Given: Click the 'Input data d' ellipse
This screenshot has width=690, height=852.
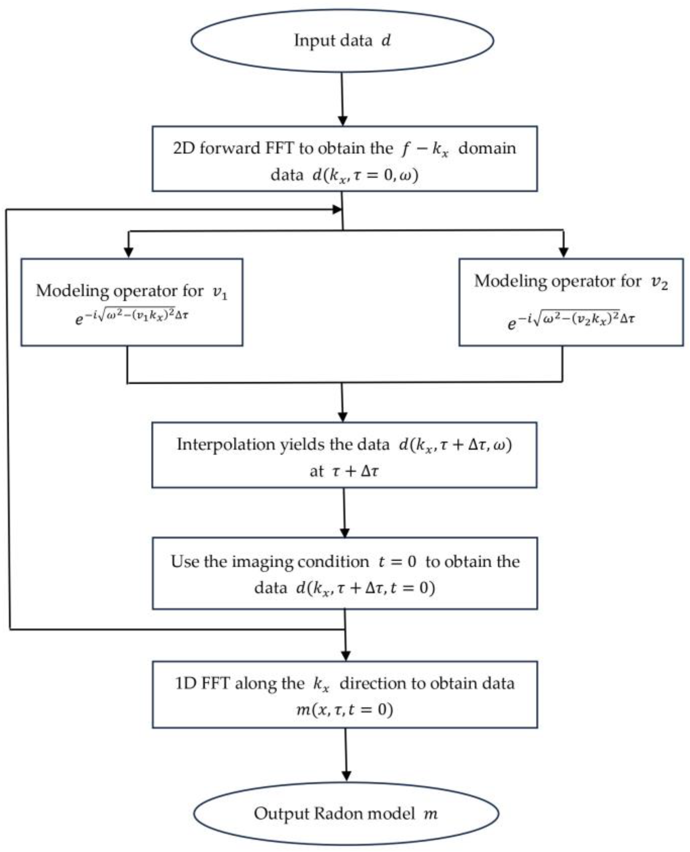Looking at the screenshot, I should (x=342, y=41).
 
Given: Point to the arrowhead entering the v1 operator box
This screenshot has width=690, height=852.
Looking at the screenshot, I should (x=129, y=252).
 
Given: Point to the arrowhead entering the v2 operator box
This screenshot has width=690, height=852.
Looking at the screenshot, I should (x=563, y=252).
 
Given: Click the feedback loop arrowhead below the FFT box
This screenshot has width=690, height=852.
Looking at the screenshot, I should (x=337, y=209).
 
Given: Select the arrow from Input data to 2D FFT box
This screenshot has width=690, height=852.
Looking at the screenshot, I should (x=342, y=99).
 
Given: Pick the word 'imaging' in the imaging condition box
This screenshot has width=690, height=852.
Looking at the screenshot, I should (x=262, y=561).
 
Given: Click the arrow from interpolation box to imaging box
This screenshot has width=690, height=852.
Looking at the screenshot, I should (x=344, y=513).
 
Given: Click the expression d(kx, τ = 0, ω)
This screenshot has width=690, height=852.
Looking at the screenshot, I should (x=365, y=175).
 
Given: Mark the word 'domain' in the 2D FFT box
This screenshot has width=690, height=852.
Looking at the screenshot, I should (x=487, y=148).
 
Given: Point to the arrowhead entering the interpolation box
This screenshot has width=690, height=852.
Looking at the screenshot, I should (x=342, y=417).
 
